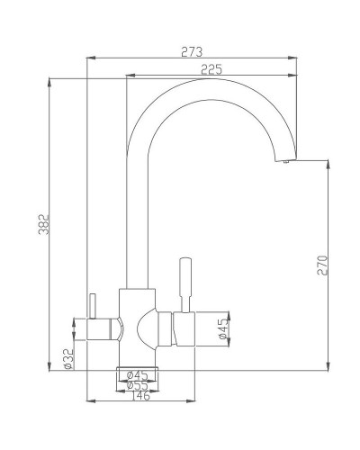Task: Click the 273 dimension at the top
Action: (x=191, y=52)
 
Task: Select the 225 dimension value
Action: (x=212, y=70)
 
